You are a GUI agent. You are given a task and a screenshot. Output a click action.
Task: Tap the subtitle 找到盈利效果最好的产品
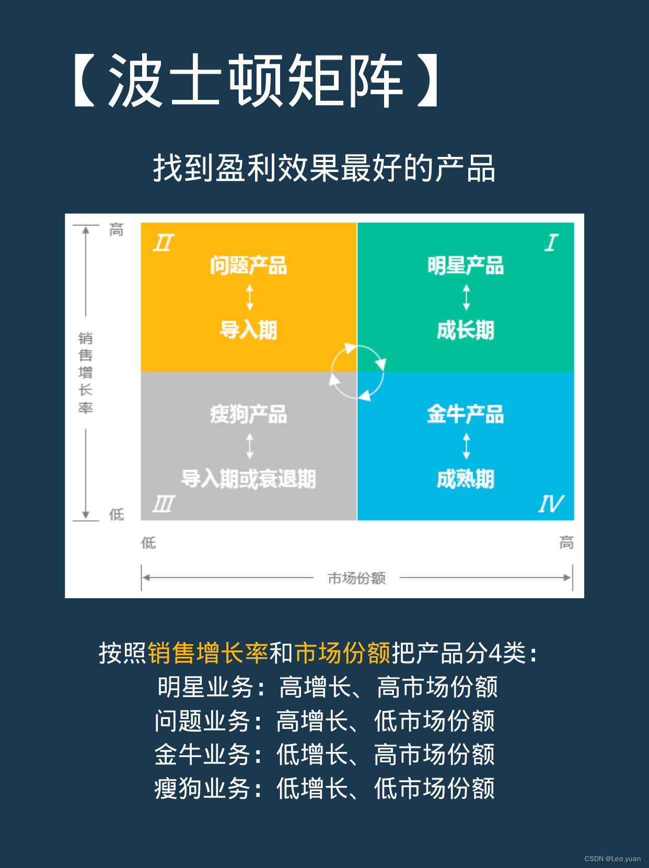pos(324,168)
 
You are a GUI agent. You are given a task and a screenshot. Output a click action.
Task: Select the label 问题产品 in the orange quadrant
pos(249,266)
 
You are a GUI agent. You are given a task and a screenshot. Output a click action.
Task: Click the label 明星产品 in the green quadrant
pos(466,266)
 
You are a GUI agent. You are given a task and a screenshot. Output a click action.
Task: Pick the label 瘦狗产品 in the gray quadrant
pos(249,415)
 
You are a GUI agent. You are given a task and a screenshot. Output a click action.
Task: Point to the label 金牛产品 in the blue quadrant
pos(466,415)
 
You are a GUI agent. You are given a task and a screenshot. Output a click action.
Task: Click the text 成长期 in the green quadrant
pos(466,330)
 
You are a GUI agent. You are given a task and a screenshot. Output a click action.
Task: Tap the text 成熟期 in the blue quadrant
pos(466,479)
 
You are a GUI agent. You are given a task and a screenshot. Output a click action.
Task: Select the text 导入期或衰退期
pos(249,479)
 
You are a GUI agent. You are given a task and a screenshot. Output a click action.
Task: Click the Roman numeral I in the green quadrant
pos(551,243)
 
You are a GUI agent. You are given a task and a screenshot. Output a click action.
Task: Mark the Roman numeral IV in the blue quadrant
pos(551,504)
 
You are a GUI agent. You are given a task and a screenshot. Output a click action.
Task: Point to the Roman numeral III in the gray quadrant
pos(163,504)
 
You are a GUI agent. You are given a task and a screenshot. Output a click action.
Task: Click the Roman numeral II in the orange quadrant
pos(164,243)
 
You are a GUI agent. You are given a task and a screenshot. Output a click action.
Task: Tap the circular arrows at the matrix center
pos(358,372)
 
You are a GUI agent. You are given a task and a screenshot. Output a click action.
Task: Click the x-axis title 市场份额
pos(357,578)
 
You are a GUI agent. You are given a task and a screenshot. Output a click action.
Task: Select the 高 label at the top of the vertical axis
pos(117,230)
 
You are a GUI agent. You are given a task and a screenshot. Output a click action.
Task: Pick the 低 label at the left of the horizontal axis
pos(148,543)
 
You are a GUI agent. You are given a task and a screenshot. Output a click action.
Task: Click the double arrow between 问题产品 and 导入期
pos(250,298)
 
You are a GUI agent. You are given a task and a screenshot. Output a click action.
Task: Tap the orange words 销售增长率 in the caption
pos(208,653)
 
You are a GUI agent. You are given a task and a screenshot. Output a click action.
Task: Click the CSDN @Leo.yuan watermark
pos(612,859)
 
